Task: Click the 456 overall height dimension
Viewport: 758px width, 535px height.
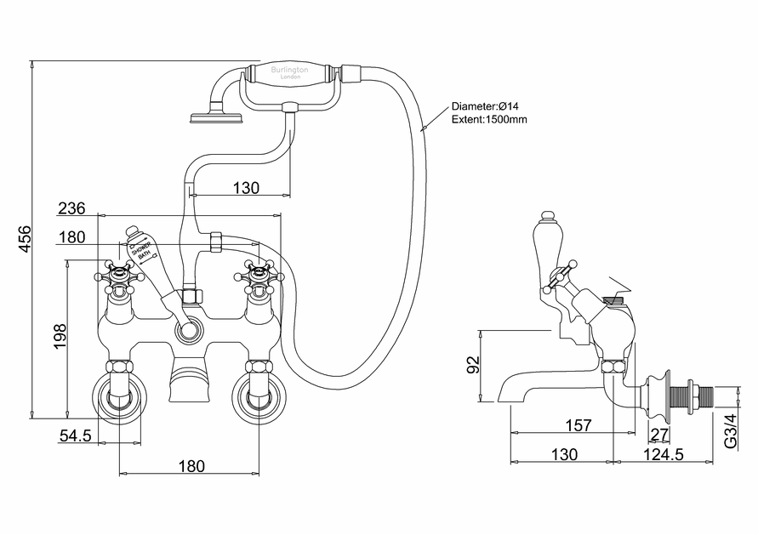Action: [26, 241]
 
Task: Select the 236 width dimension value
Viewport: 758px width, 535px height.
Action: [71, 209]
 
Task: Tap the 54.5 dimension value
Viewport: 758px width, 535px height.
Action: [76, 436]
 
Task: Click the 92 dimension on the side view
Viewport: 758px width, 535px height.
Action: [474, 365]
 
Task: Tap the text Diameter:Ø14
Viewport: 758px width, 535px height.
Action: [486, 106]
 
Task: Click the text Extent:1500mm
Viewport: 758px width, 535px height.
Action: [489, 120]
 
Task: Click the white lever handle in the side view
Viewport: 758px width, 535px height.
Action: [541, 243]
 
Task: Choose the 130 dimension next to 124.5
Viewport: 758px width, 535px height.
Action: [564, 455]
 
